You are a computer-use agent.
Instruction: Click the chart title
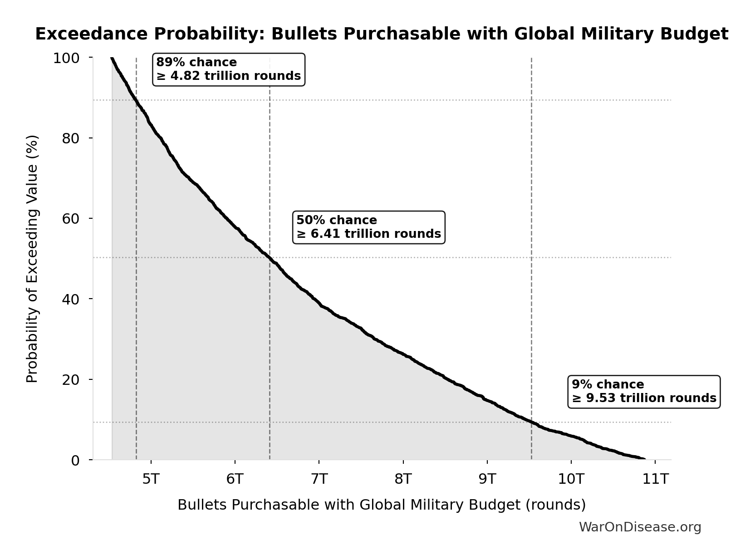[x=382, y=34]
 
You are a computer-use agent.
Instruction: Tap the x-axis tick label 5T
[x=151, y=479]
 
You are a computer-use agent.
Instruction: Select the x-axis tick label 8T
[x=403, y=479]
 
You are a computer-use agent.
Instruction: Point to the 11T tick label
[x=655, y=479]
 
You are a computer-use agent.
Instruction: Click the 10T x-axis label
[x=571, y=479]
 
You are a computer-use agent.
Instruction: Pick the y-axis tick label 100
[x=66, y=58]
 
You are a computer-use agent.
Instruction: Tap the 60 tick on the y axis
[x=70, y=219]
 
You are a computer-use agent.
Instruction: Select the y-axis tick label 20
[x=70, y=379]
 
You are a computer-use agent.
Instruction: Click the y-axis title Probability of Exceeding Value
[x=32, y=259]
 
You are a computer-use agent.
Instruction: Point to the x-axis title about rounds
[x=382, y=505]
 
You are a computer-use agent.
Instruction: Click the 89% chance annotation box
[x=228, y=69]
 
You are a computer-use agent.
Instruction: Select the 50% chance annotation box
[x=368, y=227]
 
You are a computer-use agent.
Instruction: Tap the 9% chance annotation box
[x=643, y=391]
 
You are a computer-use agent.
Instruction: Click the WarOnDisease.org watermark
[x=640, y=527]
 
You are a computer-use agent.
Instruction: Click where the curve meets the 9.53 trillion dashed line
[x=531, y=422]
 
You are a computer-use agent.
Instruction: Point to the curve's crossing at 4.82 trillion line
[x=136, y=101]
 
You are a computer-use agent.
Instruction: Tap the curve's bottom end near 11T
[x=644, y=459]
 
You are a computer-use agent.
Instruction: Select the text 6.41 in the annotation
[x=326, y=234]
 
